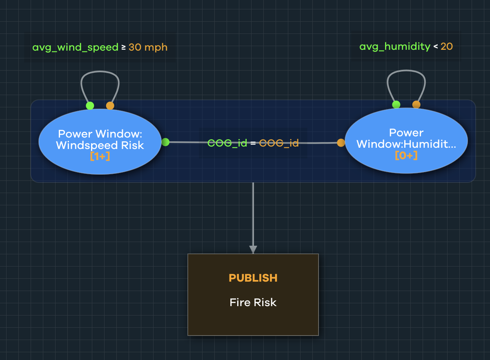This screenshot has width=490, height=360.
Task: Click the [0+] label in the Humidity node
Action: [x=406, y=156]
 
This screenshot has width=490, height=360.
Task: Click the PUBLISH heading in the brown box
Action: [x=253, y=278]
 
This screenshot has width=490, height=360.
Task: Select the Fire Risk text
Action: [x=253, y=302]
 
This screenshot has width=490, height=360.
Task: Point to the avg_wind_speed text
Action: [x=76, y=47]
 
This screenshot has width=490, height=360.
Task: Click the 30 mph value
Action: [x=148, y=47]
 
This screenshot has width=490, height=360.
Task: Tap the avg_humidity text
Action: [x=394, y=47]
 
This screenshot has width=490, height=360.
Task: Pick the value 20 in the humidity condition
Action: [x=446, y=47]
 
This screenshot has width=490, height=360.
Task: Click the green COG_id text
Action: [x=227, y=143]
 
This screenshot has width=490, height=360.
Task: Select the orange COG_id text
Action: [x=279, y=143]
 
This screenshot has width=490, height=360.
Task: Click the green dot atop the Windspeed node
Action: [x=90, y=106]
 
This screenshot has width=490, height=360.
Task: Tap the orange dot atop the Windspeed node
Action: [x=110, y=106]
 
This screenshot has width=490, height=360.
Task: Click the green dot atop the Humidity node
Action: [x=396, y=104]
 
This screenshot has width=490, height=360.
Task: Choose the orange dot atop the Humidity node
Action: [x=416, y=104]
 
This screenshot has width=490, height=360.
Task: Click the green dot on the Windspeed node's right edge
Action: [x=165, y=142]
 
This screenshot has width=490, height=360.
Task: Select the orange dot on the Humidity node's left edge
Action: [x=341, y=142]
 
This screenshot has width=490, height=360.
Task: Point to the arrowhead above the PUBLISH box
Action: [x=253, y=249]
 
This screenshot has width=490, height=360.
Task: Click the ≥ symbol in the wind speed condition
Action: [x=123, y=47]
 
